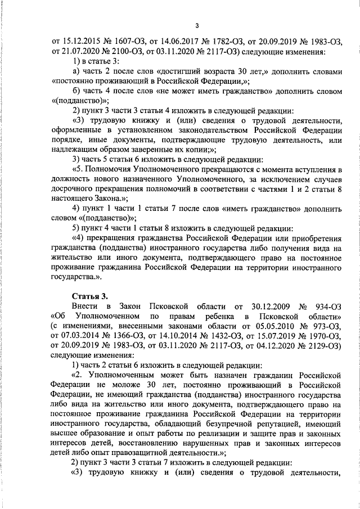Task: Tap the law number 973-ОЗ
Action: click(x=328, y=327)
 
